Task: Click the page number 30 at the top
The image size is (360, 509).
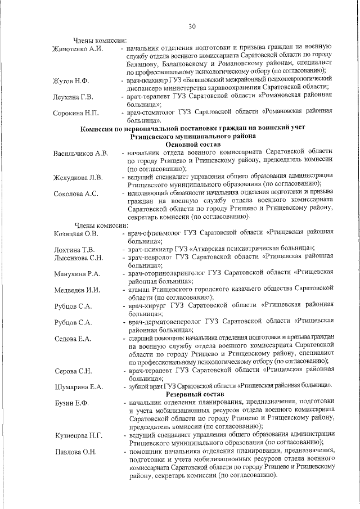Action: [191, 26]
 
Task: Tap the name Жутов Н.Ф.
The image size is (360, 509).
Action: [71, 82]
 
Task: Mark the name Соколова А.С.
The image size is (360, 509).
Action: [76, 194]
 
